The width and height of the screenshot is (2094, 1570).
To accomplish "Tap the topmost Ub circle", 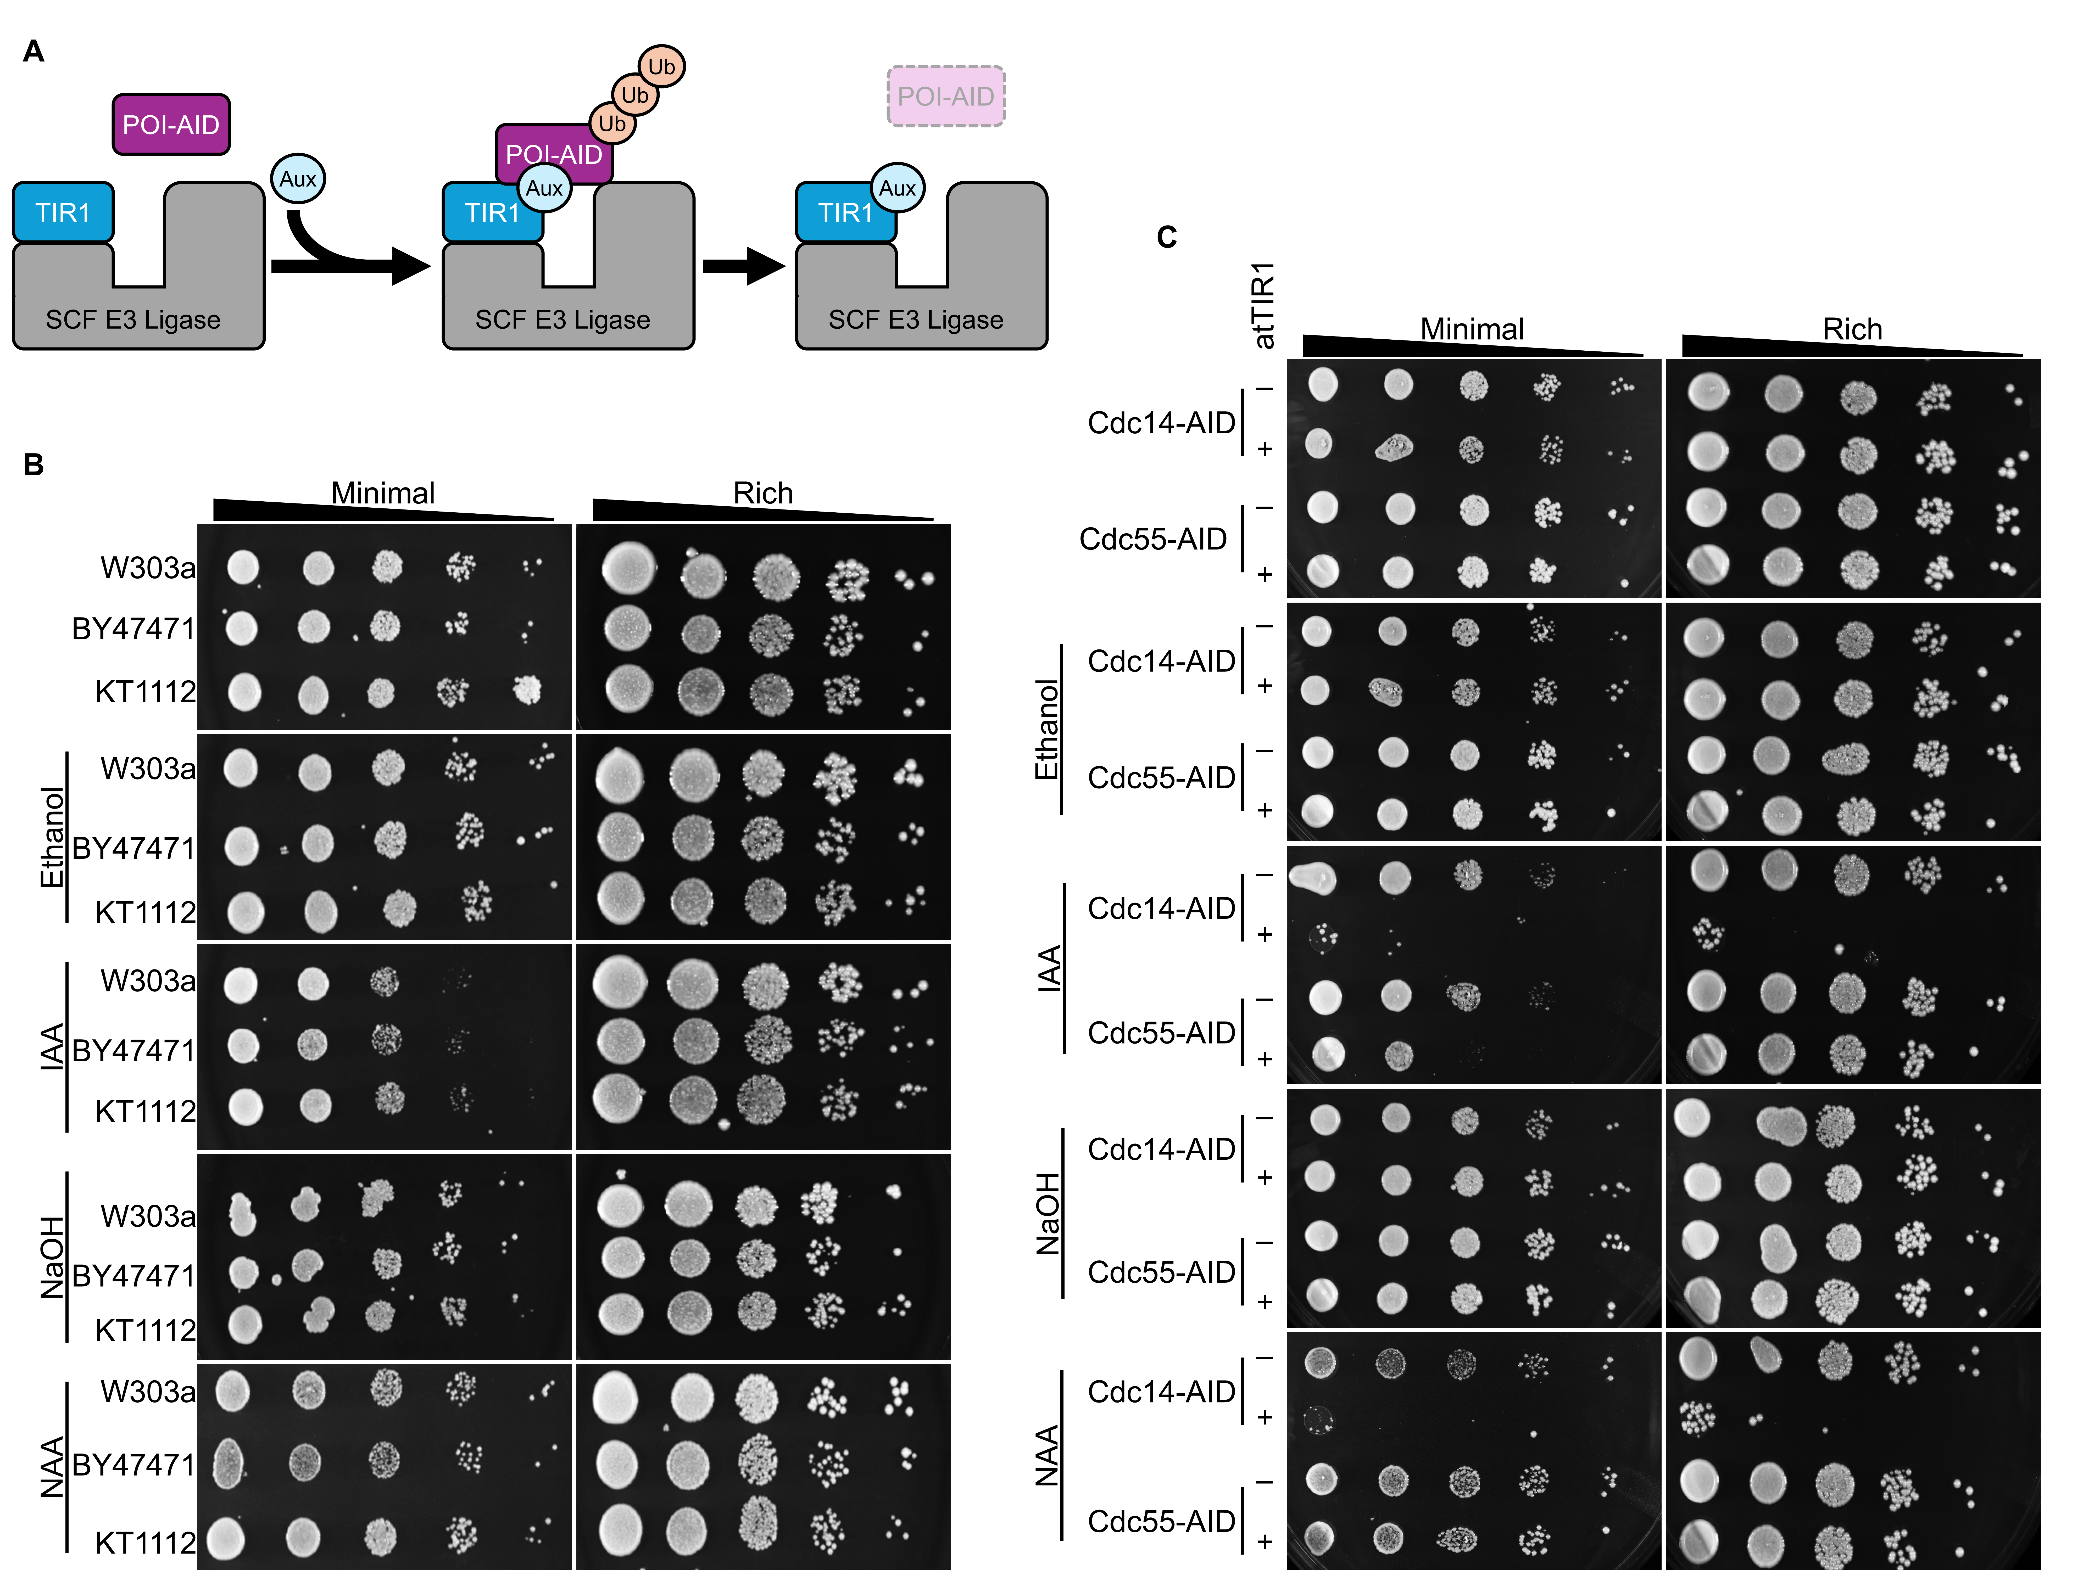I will coord(661,66).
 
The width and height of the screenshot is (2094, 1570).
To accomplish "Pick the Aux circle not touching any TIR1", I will coord(297,179).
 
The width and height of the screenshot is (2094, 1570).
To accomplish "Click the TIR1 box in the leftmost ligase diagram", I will coord(63,212).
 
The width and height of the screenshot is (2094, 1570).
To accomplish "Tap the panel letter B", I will coord(33,465).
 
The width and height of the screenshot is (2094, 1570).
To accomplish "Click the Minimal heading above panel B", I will coord(382,493).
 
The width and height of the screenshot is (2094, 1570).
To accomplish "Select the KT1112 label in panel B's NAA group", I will coord(145,1543).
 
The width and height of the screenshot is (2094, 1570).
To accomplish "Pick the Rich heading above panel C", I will coord(1852,329).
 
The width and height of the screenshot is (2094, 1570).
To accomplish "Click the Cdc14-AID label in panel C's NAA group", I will coord(1161,1391).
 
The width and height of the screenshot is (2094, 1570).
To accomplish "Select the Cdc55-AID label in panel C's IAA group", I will coord(1161,1033).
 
